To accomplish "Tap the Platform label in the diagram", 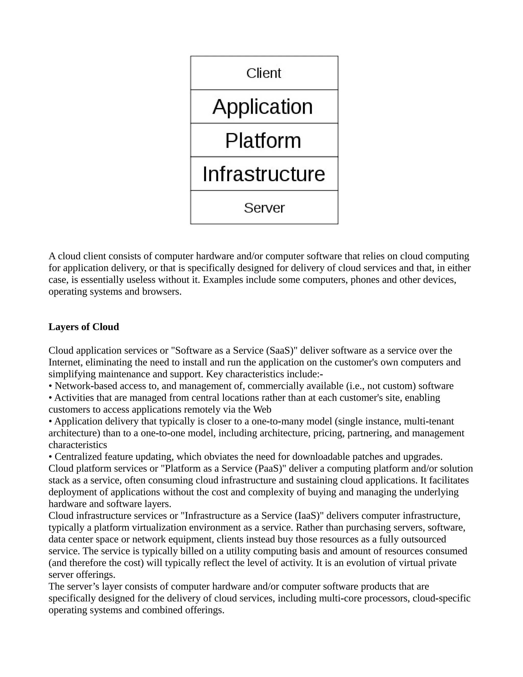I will click(x=263, y=141).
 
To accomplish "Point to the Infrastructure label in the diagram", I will click(x=264, y=174).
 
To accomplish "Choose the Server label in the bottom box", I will click(x=264, y=208).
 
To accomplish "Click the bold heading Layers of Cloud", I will click(x=84, y=327).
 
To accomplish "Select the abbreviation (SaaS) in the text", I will click(x=280, y=350).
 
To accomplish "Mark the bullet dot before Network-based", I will click(x=50, y=386).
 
